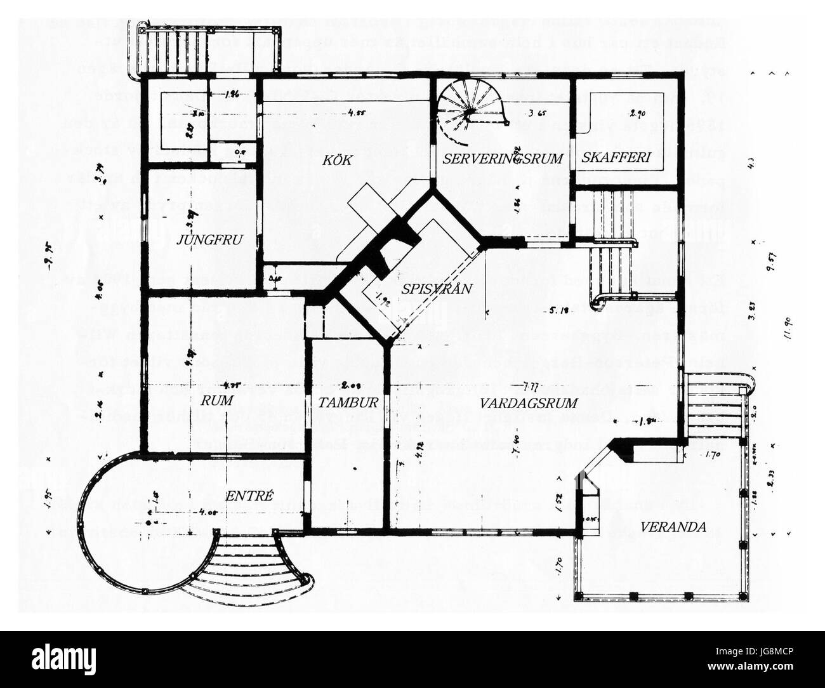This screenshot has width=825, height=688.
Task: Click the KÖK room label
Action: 337,161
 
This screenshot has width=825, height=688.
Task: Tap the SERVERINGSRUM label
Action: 503,159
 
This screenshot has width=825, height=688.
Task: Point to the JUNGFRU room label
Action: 202,239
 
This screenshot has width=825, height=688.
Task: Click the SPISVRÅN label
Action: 437,289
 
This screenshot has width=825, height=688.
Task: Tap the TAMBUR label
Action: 348,402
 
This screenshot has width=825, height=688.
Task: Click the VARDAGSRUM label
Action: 529,402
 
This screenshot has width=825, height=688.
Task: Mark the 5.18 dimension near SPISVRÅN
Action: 557,311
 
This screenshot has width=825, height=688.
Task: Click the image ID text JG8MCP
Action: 769,653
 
